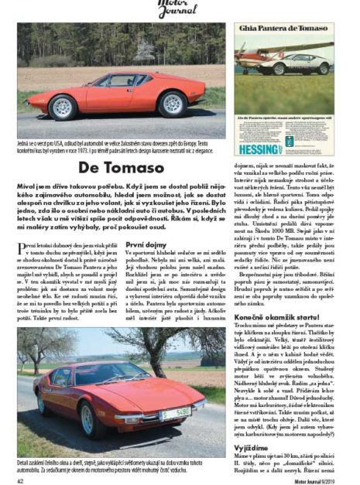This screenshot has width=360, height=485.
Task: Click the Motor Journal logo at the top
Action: point(180,8)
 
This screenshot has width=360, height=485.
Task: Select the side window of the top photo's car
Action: point(124,81)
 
